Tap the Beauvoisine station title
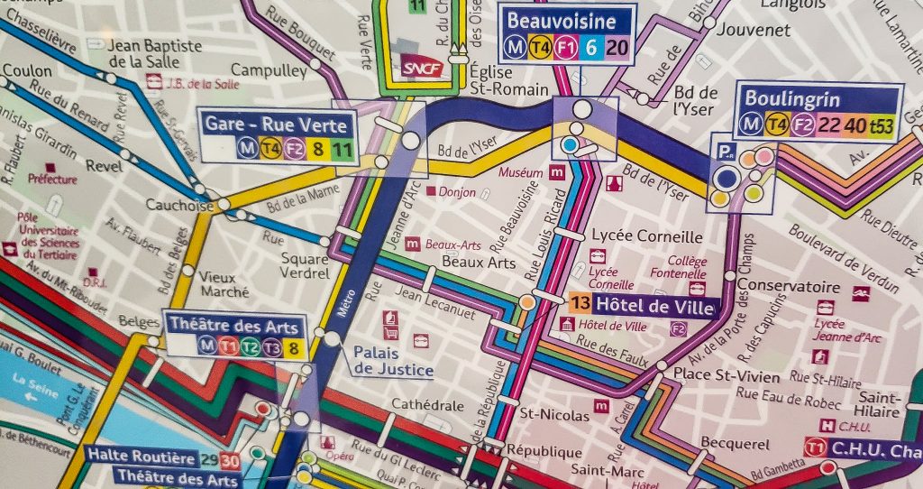click(x=562, y=21)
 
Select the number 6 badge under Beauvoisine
click(x=591, y=49)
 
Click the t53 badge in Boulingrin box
click(x=881, y=126)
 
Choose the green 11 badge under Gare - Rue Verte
click(x=342, y=148)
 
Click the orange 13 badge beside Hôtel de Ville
click(x=581, y=304)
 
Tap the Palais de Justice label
click(x=393, y=361)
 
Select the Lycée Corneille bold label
click(x=644, y=236)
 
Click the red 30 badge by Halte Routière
click(x=230, y=460)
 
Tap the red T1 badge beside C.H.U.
click(x=816, y=448)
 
